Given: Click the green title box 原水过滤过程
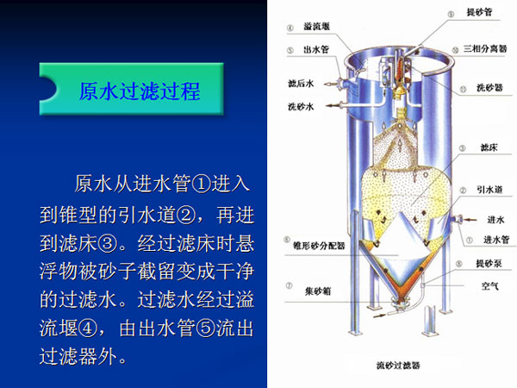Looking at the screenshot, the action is (x=131, y=89).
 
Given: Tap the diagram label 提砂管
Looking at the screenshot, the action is (x=479, y=13).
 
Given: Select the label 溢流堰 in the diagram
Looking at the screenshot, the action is (x=316, y=27).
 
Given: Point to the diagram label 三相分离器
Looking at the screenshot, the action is (x=485, y=49).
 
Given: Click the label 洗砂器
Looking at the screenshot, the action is (x=489, y=87).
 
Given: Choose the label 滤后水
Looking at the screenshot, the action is (x=301, y=84).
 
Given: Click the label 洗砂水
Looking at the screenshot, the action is (x=301, y=107).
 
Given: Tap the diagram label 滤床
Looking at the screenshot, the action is (x=489, y=147).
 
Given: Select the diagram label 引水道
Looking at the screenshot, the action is (x=489, y=190).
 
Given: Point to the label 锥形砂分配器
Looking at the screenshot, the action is (x=319, y=246).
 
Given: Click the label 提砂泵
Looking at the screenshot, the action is (x=489, y=263).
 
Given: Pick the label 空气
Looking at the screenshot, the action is (x=489, y=286).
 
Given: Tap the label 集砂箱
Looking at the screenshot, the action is (x=317, y=291).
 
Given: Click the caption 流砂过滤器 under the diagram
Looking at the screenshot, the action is (x=398, y=366).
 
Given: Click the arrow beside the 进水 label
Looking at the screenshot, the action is (x=470, y=219).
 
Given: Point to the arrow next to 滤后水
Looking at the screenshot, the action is (x=330, y=84).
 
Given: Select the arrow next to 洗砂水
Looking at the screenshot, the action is (x=333, y=105).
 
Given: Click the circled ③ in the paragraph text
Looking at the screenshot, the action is (x=109, y=243).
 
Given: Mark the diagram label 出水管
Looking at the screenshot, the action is (x=316, y=50).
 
